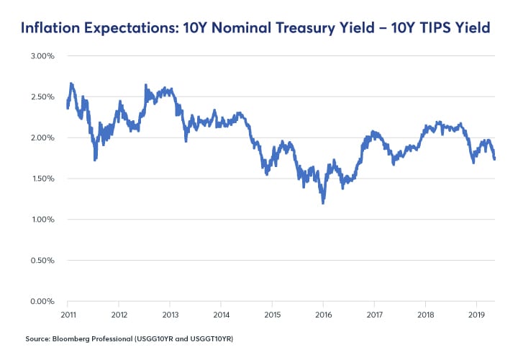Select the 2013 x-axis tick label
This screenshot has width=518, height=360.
[x=170, y=315]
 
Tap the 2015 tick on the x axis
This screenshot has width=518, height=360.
[x=272, y=315]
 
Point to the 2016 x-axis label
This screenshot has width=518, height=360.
[x=323, y=315]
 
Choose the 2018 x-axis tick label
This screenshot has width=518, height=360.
[x=425, y=315]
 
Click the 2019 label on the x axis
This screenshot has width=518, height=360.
[x=476, y=315]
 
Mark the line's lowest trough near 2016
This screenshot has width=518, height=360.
[x=323, y=203]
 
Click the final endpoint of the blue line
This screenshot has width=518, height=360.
[x=495, y=159]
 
